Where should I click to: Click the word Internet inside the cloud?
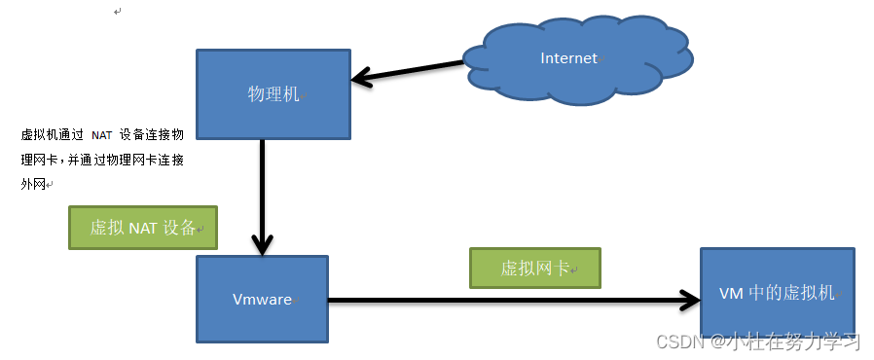coord(568,58)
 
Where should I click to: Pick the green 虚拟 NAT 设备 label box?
coord(143,229)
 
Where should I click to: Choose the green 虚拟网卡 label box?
coord(534,268)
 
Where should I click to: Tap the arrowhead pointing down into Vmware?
coord(262,243)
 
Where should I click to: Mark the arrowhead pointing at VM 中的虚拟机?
coord(688,300)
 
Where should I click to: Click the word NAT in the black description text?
coord(102,135)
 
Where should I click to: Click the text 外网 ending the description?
coord(33,184)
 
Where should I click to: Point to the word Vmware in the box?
coord(262,300)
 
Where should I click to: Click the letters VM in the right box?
coord(731,293)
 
